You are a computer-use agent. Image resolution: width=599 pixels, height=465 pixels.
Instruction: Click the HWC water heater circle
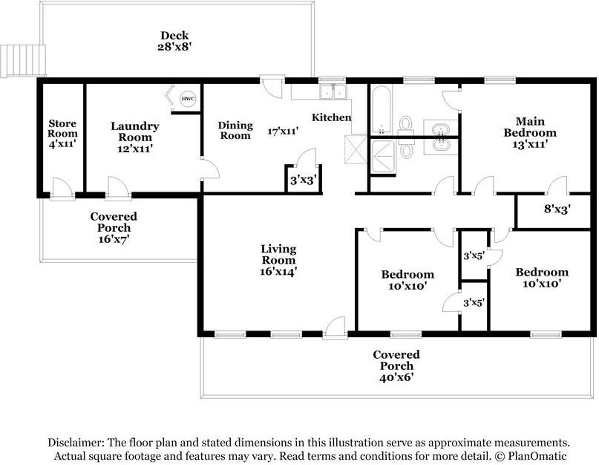(188, 99)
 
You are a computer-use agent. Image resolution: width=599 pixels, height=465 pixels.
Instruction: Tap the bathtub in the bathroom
(382, 110)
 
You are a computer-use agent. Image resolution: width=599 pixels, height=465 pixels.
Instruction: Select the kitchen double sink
(333, 92)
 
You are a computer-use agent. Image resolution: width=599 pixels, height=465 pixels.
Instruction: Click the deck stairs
(23, 61)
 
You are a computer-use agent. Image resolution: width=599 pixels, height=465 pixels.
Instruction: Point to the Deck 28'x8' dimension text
(174, 47)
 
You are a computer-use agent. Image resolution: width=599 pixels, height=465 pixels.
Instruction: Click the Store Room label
(62, 129)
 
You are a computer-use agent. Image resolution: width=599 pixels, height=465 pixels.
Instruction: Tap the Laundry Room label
(135, 131)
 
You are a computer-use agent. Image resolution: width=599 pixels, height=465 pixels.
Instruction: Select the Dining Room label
(235, 131)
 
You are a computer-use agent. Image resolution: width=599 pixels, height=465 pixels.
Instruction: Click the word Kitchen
(332, 117)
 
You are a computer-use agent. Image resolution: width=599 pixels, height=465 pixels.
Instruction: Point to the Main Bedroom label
(530, 127)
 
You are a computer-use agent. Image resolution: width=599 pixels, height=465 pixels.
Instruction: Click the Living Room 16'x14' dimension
(278, 272)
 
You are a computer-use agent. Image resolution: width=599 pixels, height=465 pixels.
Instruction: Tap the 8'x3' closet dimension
(557, 209)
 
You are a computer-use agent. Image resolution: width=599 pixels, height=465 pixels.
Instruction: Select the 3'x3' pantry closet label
(304, 180)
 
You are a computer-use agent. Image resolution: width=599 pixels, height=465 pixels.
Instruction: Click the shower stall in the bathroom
(383, 157)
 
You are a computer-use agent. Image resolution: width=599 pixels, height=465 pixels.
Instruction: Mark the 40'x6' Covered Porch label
(396, 378)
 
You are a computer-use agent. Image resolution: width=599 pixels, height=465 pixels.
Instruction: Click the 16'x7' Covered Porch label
(114, 239)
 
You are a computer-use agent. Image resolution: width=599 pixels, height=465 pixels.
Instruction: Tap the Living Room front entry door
(335, 328)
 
